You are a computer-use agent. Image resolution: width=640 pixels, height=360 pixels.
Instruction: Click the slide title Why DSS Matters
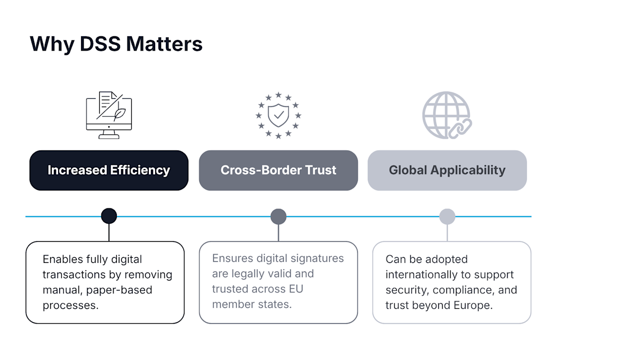[116, 44]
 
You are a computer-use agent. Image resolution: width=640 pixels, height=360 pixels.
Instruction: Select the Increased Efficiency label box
[109, 170]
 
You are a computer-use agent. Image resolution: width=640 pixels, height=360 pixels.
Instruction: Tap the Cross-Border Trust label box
[278, 170]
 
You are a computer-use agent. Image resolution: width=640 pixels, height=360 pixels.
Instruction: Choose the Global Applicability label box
[447, 170]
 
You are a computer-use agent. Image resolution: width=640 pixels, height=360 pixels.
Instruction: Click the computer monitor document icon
[109, 115]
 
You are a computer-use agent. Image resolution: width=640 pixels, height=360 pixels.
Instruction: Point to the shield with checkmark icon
[278, 115]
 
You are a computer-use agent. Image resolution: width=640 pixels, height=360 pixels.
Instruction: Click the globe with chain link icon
[446, 115]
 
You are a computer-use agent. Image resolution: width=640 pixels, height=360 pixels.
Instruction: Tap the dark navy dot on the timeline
[109, 216]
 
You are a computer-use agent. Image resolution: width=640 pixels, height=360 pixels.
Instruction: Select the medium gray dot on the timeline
[278, 217]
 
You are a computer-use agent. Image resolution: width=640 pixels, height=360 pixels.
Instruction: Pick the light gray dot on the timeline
[447, 217]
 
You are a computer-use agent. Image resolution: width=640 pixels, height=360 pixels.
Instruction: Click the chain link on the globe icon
[459, 129]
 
